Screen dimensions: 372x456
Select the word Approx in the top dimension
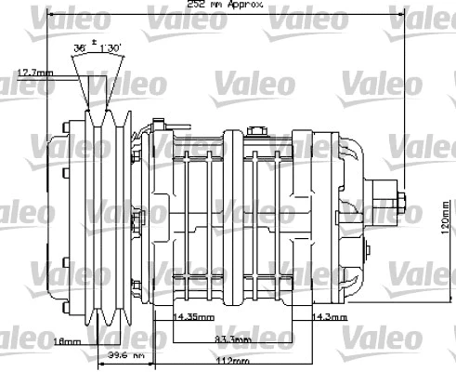pyautogui.click(x=246, y=5)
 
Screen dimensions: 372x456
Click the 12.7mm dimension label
pyautogui.click(x=35, y=72)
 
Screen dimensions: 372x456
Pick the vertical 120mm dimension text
pyautogui.click(x=446, y=216)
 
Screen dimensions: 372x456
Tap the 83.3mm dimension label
pyautogui.click(x=235, y=339)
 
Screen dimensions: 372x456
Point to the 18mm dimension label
pyautogui.click(x=69, y=340)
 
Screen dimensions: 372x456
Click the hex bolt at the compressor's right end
pyautogui.click(x=405, y=202)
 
